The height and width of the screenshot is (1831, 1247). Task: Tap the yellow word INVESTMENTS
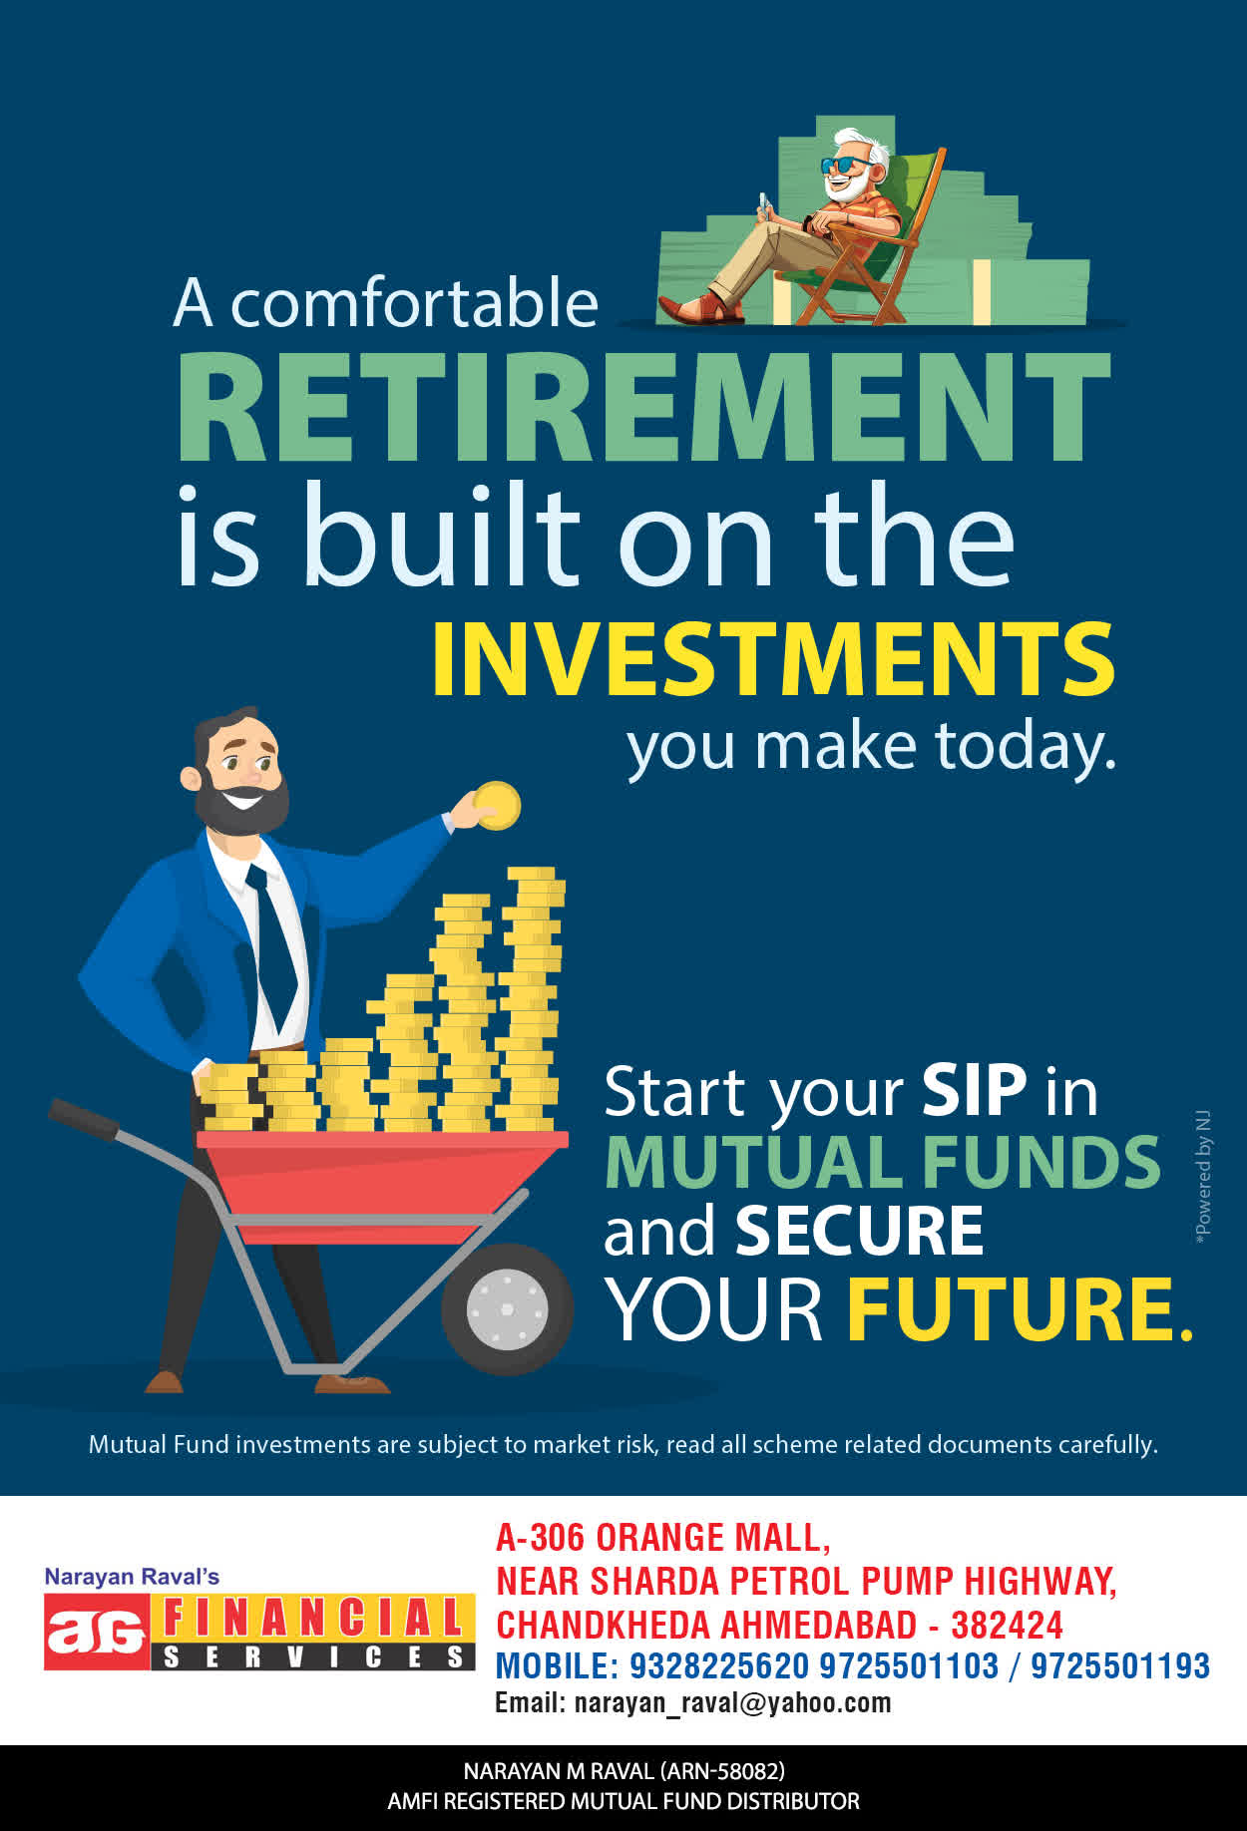(773, 659)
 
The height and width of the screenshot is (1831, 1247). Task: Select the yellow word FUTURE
(1020, 1308)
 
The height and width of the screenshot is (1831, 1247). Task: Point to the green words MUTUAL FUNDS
(883, 1162)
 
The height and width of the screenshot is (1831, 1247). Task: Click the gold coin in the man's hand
(497, 805)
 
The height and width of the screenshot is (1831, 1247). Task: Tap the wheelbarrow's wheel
(507, 1308)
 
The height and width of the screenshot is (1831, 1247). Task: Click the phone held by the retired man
(764, 205)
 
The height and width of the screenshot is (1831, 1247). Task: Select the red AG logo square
(97, 1633)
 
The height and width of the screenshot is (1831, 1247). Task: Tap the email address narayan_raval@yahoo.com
(732, 1702)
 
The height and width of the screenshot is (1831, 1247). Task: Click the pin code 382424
(1007, 1625)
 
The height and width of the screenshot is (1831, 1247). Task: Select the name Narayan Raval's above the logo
(132, 1577)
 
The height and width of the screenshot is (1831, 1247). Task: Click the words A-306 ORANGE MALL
(663, 1538)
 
